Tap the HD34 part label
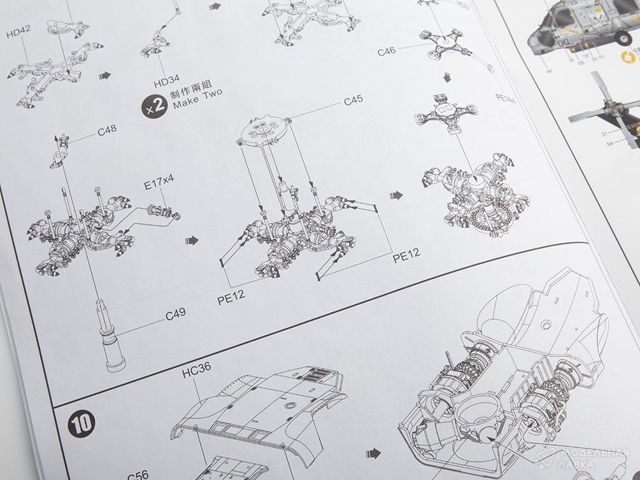click(x=167, y=82)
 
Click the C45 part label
click(x=353, y=100)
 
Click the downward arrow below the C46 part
click(x=447, y=77)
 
